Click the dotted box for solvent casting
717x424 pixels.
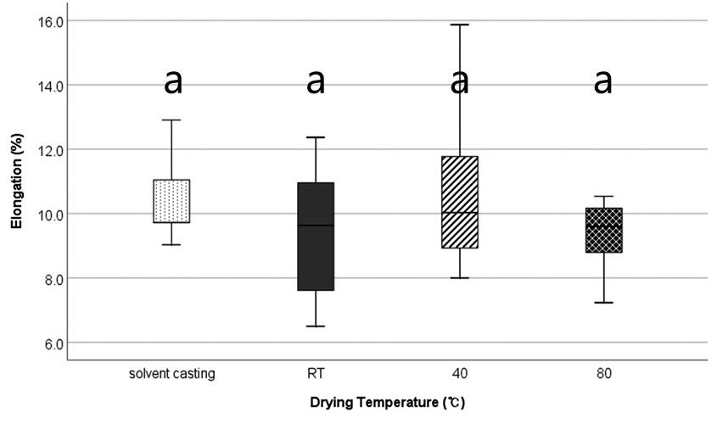click(171, 201)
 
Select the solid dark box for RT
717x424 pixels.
click(316, 237)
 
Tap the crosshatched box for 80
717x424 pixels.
click(604, 230)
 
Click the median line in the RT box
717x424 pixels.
click(316, 226)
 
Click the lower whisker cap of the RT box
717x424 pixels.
click(316, 326)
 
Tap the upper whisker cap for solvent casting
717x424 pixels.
click(171, 120)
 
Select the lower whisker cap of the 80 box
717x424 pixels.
click(604, 302)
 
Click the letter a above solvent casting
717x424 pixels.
click(172, 81)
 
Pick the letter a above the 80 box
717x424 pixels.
click(603, 81)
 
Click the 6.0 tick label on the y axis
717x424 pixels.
click(48, 343)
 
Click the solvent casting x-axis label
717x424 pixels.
click(171, 373)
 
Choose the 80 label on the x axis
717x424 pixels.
click(604, 373)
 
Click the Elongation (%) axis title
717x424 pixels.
click(15, 182)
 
